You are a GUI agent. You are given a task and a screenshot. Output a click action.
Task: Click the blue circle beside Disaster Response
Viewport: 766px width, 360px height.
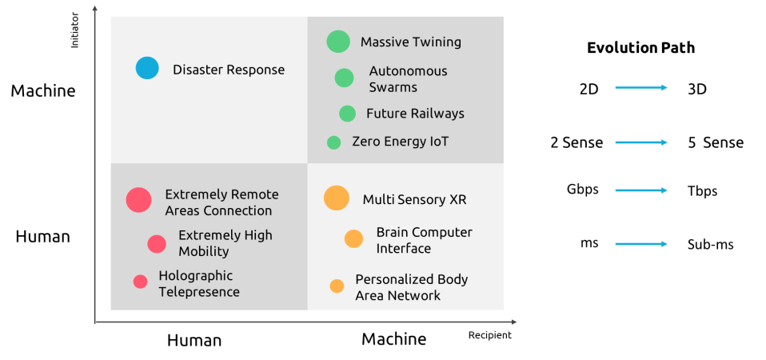coord(147,68)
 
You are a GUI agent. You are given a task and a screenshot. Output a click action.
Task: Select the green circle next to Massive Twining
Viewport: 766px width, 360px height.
coord(338,41)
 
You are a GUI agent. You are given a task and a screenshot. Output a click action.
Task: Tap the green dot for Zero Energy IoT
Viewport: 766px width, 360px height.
coord(333,142)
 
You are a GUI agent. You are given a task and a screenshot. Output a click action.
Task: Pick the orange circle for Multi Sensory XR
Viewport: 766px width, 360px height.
coord(337,198)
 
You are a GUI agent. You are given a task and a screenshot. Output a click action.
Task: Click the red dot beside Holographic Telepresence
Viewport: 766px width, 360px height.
coord(140,282)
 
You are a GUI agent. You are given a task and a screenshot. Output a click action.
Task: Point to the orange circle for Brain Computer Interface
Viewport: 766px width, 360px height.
coord(353,238)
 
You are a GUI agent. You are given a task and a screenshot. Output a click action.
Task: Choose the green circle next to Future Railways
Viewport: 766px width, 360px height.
coord(347,114)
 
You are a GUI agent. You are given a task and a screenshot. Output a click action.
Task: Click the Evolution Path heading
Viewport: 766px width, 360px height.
coord(640,48)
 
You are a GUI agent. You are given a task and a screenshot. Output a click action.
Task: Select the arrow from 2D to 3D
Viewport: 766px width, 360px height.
coord(641,88)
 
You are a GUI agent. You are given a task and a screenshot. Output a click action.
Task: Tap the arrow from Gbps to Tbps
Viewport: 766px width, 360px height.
coord(641,190)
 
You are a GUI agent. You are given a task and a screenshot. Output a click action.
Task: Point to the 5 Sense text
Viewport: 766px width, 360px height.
coord(716,142)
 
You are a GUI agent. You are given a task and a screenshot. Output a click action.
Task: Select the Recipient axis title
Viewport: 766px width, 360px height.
coord(490,335)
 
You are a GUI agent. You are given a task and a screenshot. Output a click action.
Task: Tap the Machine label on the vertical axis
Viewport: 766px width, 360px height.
coord(43,91)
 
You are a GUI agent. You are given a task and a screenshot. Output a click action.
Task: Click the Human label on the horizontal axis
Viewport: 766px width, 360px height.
coord(194,340)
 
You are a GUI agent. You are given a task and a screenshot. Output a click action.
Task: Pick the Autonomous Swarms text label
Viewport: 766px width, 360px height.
coord(408,79)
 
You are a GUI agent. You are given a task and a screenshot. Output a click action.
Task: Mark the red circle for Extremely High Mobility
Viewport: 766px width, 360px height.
coord(157,244)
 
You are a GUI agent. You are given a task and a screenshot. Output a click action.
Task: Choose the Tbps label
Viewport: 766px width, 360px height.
coord(703,191)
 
